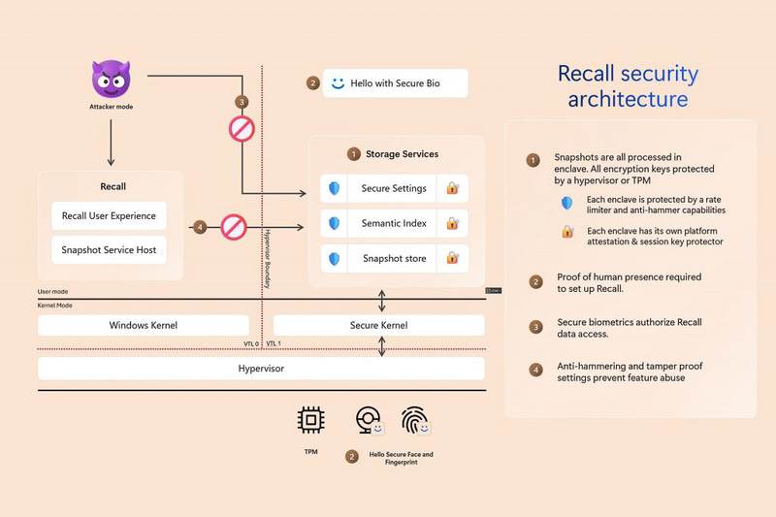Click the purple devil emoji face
point(110,78)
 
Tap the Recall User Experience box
point(109,215)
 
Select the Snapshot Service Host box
point(109,249)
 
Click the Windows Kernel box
point(143,325)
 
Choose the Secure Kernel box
point(378,325)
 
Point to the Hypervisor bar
point(261,369)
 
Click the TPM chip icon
point(310,420)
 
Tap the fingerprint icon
point(414,420)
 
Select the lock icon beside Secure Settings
point(452,189)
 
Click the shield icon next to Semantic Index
point(335,224)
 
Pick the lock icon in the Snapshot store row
point(452,259)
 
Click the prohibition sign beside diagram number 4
point(234,227)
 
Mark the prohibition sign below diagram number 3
point(242,129)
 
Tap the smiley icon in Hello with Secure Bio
point(338,83)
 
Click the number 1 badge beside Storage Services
point(354,154)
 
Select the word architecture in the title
point(628,99)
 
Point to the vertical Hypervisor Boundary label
point(268,257)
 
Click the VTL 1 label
point(274,343)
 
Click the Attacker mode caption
point(110,107)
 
